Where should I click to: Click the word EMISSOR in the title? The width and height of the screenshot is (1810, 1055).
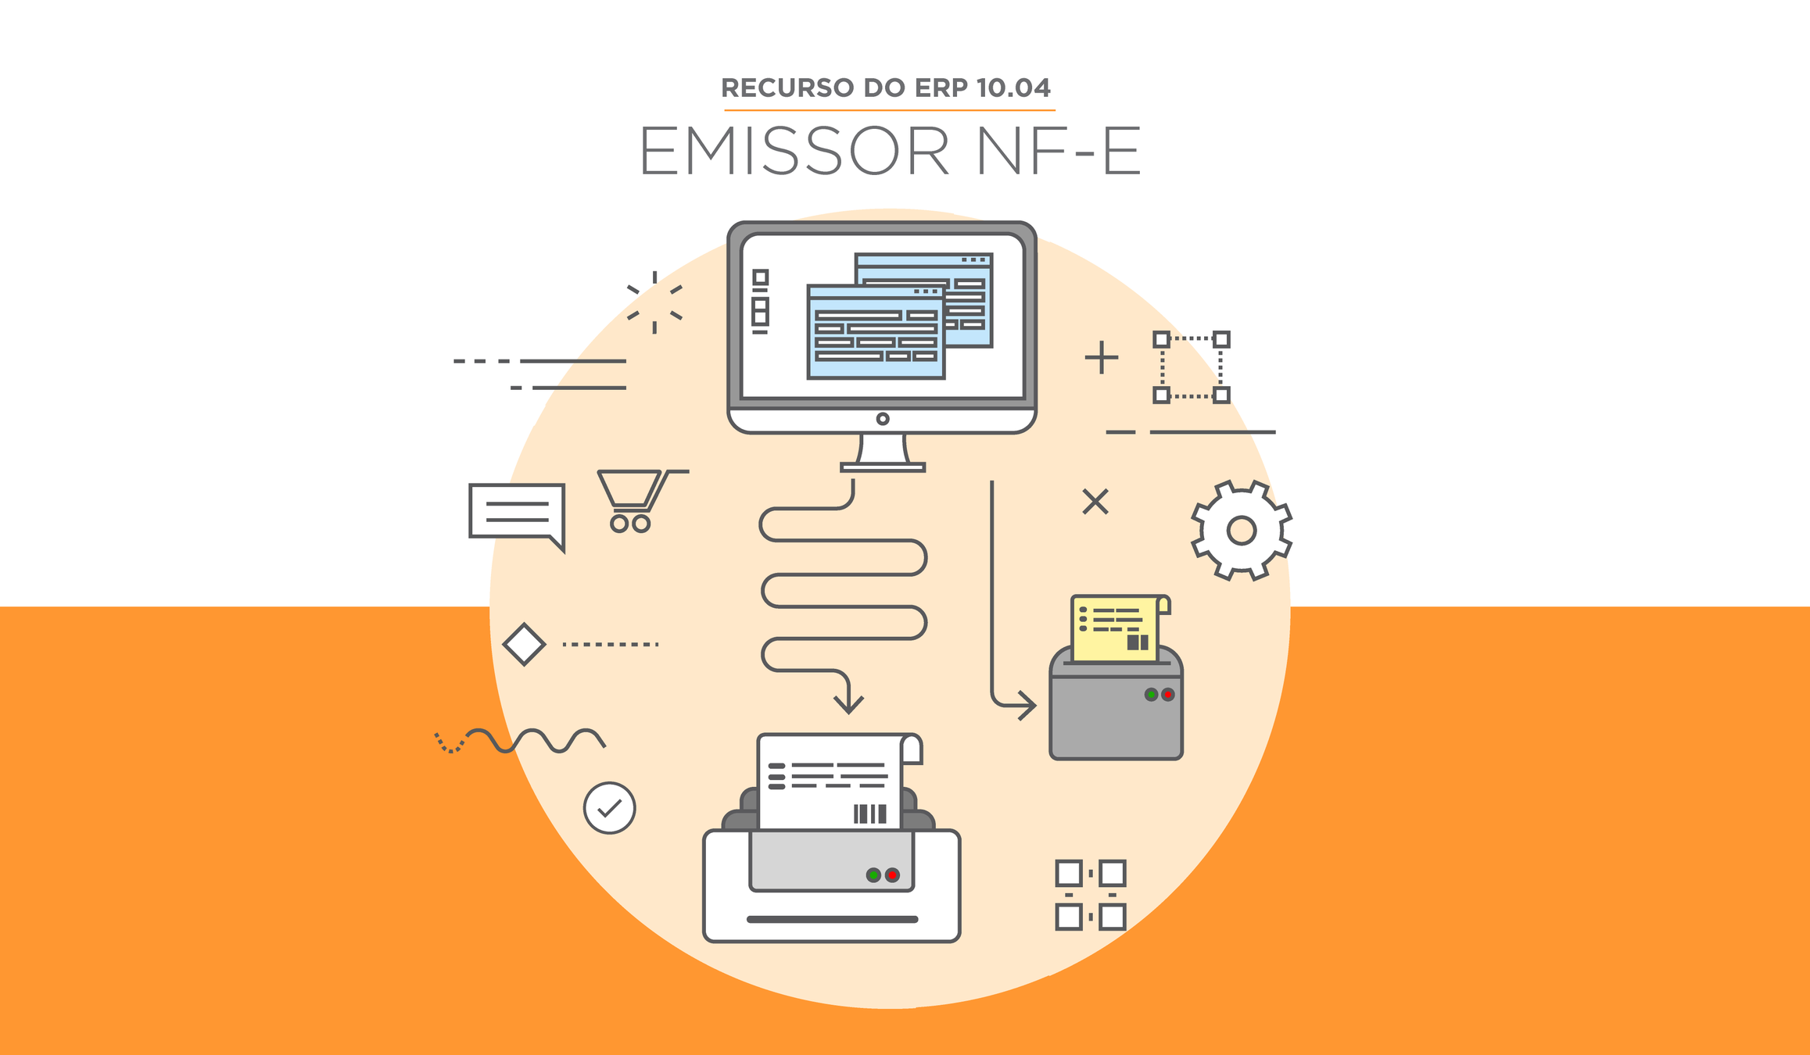tap(794, 151)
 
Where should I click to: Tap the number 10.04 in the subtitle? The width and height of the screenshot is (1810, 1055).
tap(1013, 88)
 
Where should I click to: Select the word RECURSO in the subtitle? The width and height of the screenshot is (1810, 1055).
tap(787, 88)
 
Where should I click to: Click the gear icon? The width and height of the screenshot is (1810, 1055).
tap(1241, 531)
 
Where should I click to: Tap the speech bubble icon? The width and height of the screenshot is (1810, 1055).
tap(517, 513)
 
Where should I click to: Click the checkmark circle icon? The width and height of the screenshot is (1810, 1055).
tap(609, 808)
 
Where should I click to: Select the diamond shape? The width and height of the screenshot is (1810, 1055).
tap(524, 645)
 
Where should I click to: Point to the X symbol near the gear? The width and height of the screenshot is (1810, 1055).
tap(1095, 502)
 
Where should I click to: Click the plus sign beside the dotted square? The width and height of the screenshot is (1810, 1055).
tap(1102, 358)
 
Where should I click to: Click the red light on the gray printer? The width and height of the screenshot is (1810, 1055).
tap(1168, 694)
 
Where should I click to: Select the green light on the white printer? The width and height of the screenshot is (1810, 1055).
tap(873, 875)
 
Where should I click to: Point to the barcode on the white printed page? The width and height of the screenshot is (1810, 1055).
tap(869, 814)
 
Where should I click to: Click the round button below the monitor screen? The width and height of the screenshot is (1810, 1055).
tap(883, 419)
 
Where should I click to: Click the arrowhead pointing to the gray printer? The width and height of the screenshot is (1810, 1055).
tap(1027, 706)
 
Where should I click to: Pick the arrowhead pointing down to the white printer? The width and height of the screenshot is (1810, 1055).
tap(848, 704)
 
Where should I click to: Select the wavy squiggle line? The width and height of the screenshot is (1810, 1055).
tap(532, 740)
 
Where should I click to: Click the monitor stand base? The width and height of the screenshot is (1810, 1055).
tap(883, 467)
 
